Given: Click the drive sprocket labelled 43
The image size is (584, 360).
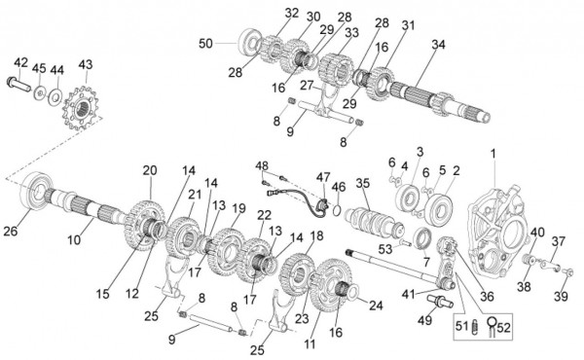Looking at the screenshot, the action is pyautogui.click(x=81, y=108).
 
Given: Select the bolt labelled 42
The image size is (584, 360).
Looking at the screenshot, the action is pyautogui.click(x=18, y=84).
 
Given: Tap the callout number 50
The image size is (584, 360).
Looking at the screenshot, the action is pyautogui.click(x=205, y=44).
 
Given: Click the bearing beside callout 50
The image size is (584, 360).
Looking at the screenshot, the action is pyautogui.click(x=248, y=42).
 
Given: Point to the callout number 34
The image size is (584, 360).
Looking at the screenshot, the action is pyautogui.click(x=438, y=45).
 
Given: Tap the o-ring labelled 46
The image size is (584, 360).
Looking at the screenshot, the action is pyautogui.click(x=336, y=210).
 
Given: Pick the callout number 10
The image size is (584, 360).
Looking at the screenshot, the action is pyautogui.click(x=74, y=239).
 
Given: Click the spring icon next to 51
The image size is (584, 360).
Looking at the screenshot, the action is pyautogui.click(x=475, y=327).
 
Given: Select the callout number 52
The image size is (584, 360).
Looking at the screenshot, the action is pyautogui.click(x=503, y=328).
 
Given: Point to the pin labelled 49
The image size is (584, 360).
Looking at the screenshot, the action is pyautogui.click(x=440, y=301).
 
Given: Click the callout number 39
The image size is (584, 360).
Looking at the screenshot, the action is pyautogui.click(x=561, y=296).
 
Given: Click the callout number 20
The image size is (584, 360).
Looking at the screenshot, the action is pyautogui.click(x=150, y=170).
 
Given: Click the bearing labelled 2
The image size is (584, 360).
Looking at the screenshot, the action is pyautogui.click(x=438, y=208).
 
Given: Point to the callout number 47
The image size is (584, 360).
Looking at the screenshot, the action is pyautogui.click(x=323, y=178).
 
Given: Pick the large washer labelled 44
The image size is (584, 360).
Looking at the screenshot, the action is pyautogui.click(x=55, y=97).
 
